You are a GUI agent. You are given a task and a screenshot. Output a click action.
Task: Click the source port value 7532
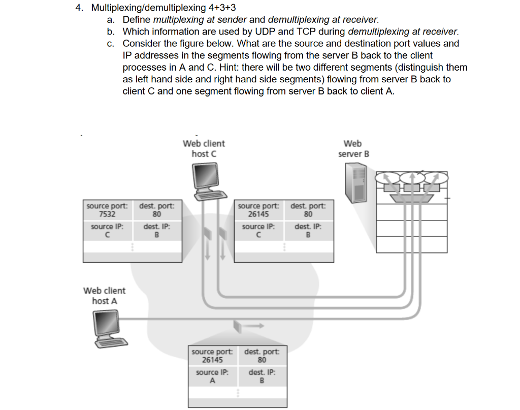point(107,214)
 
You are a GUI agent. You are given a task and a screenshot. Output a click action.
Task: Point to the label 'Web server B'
point(353,149)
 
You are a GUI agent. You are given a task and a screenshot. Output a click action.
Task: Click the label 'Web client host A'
point(104,296)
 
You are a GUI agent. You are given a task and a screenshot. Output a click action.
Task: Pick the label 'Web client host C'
point(203,148)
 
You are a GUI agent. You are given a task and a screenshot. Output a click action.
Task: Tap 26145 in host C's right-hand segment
point(258,214)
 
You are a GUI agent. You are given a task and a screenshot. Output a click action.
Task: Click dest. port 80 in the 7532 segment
point(156,214)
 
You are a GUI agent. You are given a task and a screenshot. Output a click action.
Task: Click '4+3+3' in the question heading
point(222,8)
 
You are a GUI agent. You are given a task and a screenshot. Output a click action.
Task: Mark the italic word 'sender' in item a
point(232,20)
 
